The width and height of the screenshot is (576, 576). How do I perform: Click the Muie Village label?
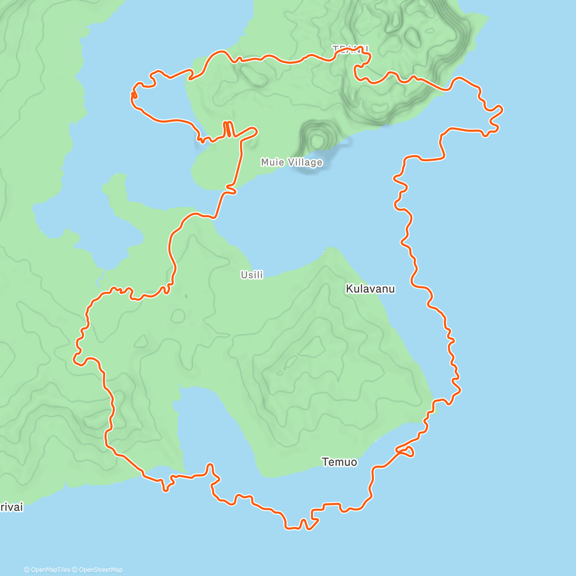tap(291, 162)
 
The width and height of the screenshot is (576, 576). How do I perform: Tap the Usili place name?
tap(252, 275)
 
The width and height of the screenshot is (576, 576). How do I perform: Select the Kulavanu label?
tap(370, 288)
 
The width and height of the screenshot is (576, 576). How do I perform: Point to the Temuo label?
tap(339, 462)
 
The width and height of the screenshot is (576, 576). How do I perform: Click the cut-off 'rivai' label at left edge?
tap(11, 507)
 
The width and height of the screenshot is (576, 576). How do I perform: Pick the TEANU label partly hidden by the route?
tap(350, 49)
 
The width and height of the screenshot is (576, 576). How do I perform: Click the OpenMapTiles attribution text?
tap(47, 570)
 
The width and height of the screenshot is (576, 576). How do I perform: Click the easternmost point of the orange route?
tap(502, 110)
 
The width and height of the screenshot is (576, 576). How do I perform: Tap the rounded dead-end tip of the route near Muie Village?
tap(254, 130)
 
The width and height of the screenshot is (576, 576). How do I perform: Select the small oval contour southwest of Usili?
tap(178, 315)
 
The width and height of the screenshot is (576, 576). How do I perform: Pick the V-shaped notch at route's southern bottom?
tap(303, 523)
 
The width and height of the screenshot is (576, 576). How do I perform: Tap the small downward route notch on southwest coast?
tap(166, 487)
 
